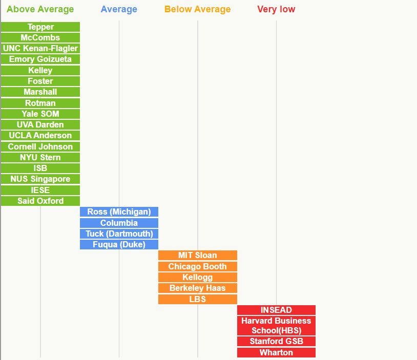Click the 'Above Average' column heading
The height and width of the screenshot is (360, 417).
tap(40, 9)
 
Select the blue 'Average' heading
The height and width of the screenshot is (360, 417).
tap(119, 9)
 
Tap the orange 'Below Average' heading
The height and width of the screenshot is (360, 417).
tap(197, 9)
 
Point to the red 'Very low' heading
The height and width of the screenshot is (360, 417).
tap(276, 9)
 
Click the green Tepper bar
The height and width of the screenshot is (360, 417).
tap(40, 27)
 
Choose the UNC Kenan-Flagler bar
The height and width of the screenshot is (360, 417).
tap(40, 48)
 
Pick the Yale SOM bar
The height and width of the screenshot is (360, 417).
tap(40, 114)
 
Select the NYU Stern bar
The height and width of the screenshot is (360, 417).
tap(40, 157)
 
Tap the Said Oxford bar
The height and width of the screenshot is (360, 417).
tap(40, 201)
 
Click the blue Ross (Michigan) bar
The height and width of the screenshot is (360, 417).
tap(119, 211)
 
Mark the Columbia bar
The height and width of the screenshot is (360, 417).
tap(119, 223)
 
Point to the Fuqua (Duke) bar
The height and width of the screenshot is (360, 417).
tap(119, 244)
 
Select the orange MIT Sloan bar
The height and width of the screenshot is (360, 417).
tap(197, 255)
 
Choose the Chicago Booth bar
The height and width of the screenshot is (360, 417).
tap(197, 266)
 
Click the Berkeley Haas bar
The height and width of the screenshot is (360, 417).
tap(197, 288)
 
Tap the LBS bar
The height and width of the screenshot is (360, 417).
tap(197, 299)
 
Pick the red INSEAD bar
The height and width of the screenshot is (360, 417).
tap(276, 310)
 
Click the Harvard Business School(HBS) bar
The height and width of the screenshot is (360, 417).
tap(276, 326)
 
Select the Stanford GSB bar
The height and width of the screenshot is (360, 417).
tap(276, 341)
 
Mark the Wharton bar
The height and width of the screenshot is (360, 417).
tap(276, 352)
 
